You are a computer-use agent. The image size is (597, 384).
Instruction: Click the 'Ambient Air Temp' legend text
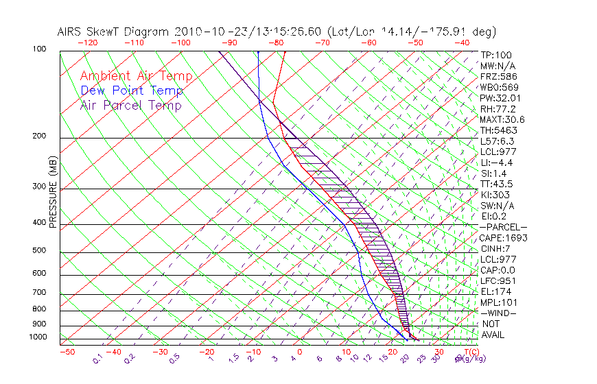click(x=136, y=77)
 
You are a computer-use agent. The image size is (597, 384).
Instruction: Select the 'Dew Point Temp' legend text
click(x=132, y=91)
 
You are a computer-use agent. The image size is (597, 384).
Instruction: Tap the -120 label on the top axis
click(x=88, y=43)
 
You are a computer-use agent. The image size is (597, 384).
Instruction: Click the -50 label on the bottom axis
click(x=67, y=352)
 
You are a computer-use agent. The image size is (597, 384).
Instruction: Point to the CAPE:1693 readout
click(x=502, y=238)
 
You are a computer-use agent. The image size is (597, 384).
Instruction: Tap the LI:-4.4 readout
click(x=497, y=163)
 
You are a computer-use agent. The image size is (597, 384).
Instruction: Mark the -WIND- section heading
click(x=498, y=313)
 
